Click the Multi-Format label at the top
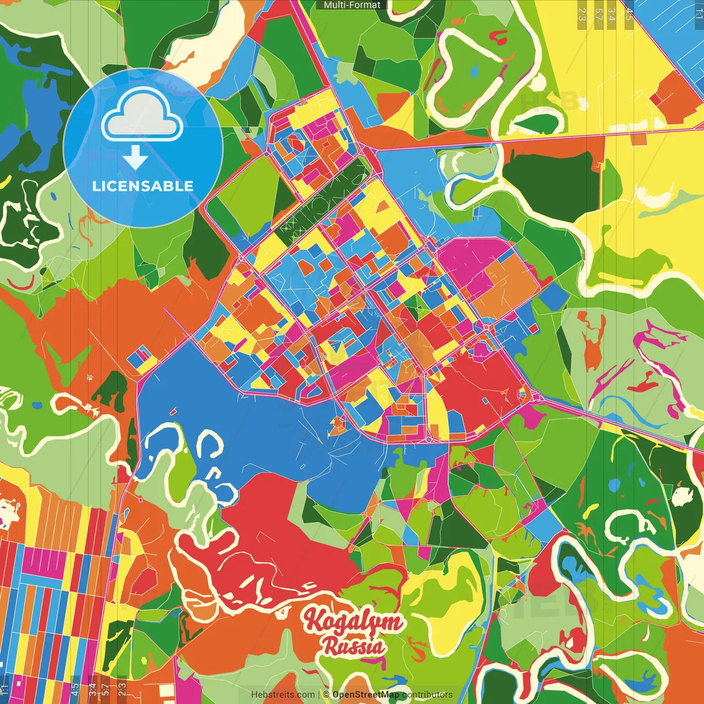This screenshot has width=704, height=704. coord(352,5)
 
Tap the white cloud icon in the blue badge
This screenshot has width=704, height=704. coord(142,116)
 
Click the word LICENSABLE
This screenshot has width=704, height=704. coord(143,186)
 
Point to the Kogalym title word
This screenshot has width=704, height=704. coord(353,621)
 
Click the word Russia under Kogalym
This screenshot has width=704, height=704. coord(354,646)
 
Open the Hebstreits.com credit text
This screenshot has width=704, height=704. coord(283,695)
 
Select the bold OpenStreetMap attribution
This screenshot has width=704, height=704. coord(366,695)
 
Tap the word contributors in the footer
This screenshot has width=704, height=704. coord(427,695)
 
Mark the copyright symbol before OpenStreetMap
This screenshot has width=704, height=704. coord(326,695)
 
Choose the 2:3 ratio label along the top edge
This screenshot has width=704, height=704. coord(582,14)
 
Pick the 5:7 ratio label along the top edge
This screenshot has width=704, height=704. coord(598,14)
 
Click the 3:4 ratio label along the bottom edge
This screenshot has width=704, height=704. coord(92,689)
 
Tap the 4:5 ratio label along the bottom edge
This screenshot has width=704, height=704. coord(75,689)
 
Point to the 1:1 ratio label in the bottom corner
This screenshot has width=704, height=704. coord(5,689)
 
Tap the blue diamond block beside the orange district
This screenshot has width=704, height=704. coord(554,296)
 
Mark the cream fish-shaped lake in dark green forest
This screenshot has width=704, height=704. coord(682,496)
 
